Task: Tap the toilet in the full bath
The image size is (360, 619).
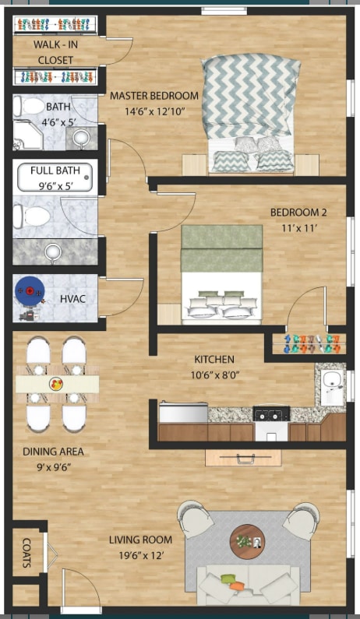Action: click(36, 216)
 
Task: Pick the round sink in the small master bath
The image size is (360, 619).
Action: click(80, 139)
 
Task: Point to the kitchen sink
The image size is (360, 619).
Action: click(333, 383)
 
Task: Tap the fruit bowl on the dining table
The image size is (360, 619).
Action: click(56, 384)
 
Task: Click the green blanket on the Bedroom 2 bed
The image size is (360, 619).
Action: click(221, 248)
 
